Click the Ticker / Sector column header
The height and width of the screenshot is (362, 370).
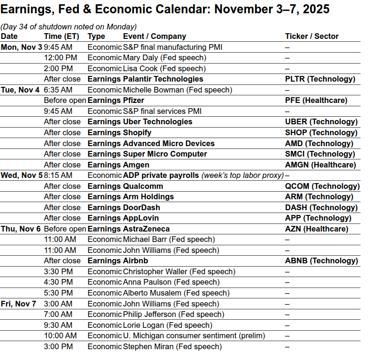coord(312,36)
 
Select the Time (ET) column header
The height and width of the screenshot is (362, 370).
coord(59,36)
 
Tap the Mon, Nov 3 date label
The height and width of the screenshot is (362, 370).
coord(21,47)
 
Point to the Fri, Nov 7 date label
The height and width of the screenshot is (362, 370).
coord(18,304)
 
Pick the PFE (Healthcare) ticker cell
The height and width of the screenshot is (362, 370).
coord(316,101)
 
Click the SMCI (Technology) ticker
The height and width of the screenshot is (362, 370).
coord(320,154)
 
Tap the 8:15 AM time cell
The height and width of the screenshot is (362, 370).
coord(58,176)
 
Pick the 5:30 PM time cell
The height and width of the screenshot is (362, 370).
coord(58,293)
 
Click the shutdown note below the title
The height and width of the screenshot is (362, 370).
coord(69,27)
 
